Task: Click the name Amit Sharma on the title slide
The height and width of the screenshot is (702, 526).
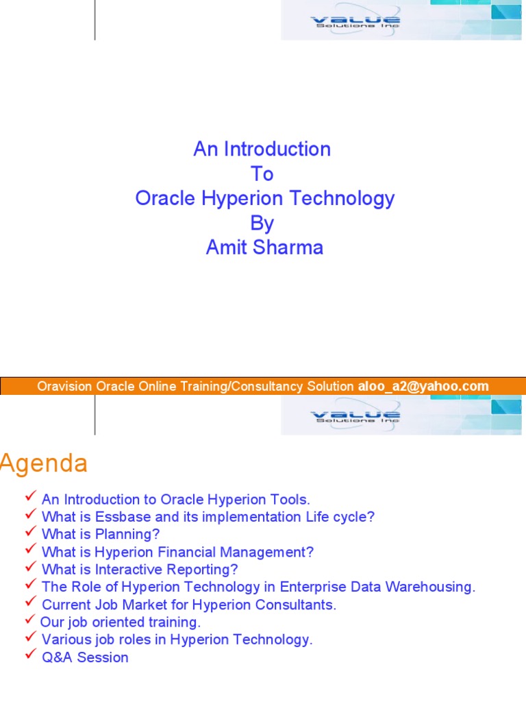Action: (264, 247)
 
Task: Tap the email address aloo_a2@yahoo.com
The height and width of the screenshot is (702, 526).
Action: (423, 386)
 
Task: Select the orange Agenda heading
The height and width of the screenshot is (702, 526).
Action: (44, 464)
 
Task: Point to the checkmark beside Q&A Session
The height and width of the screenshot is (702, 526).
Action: (30, 656)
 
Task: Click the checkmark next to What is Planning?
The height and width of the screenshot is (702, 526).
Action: (30, 533)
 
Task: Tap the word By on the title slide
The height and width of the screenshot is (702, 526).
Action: (262, 223)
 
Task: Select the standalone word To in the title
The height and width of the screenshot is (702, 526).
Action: (262, 173)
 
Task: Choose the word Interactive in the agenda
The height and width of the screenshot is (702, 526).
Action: (133, 569)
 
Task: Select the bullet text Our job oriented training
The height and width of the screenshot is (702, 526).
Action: (121, 622)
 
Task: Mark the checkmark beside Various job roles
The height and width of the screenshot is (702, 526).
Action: (30, 638)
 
